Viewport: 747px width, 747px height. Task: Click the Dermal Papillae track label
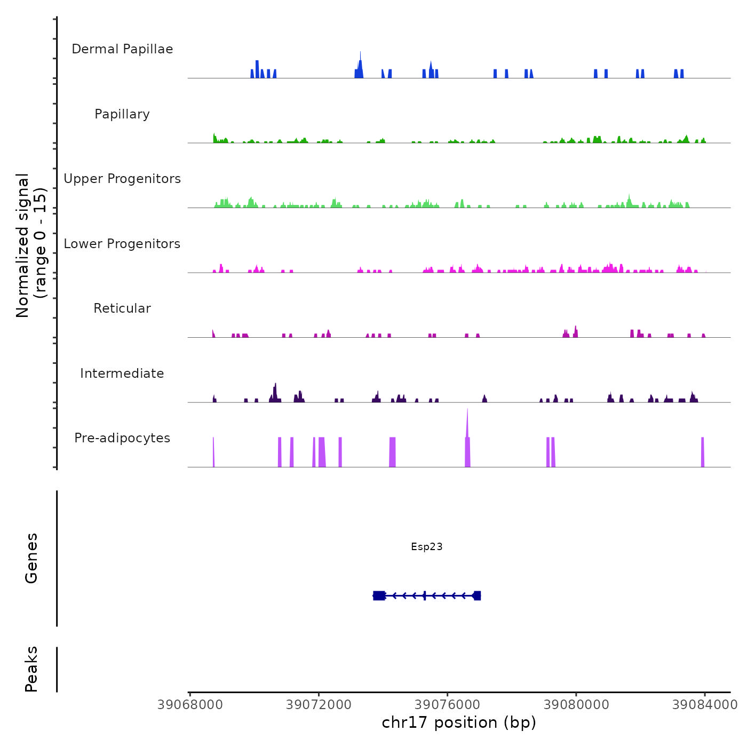tap(122, 49)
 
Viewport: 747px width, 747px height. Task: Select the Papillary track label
tap(122, 114)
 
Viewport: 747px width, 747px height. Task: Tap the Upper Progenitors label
tap(122, 179)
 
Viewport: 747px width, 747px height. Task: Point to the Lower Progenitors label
tap(122, 244)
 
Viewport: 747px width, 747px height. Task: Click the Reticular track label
tap(122, 308)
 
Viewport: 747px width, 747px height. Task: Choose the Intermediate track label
tap(122, 373)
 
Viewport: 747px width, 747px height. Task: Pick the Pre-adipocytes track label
tap(122, 438)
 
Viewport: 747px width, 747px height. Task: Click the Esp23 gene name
tap(427, 546)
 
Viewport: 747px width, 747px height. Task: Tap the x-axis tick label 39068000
tap(190, 705)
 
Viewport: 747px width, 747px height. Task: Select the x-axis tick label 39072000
tap(319, 705)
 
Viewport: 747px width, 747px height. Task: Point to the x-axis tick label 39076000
tap(448, 705)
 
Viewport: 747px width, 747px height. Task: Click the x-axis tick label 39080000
tap(576, 705)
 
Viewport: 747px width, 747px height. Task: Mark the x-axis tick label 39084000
tap(705, 705)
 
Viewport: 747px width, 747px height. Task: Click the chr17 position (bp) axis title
tap(459, 723)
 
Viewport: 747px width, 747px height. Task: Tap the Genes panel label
tap(31, 558)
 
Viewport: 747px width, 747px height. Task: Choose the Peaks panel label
tap(31, 669)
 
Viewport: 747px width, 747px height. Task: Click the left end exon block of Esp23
tap(379, 595)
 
